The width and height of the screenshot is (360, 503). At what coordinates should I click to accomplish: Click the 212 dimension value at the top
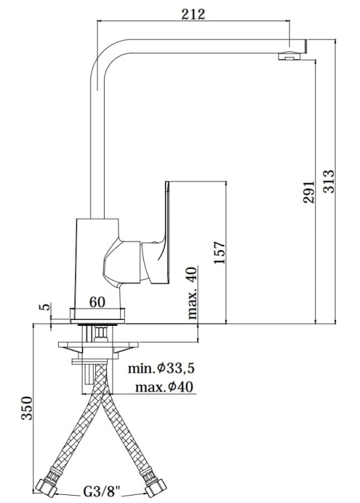coord(193,14)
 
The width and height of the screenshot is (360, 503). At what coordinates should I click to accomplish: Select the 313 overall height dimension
coord(328,181)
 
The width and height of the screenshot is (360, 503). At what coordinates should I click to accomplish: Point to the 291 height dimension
coord(309,192)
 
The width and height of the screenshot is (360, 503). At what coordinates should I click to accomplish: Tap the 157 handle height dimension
coord(220,252)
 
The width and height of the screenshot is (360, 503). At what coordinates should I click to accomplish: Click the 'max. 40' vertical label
coord(192,292)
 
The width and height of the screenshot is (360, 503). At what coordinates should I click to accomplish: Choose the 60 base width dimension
coord(97,302)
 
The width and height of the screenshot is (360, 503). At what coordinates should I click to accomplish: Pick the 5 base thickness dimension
coord(46,306)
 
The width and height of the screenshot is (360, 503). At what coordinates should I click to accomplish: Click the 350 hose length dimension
coord(27,408)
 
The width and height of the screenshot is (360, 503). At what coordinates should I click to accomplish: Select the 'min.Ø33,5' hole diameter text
coord(162,368)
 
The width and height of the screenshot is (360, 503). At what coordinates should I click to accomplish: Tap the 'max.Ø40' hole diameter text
coord(164,387)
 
